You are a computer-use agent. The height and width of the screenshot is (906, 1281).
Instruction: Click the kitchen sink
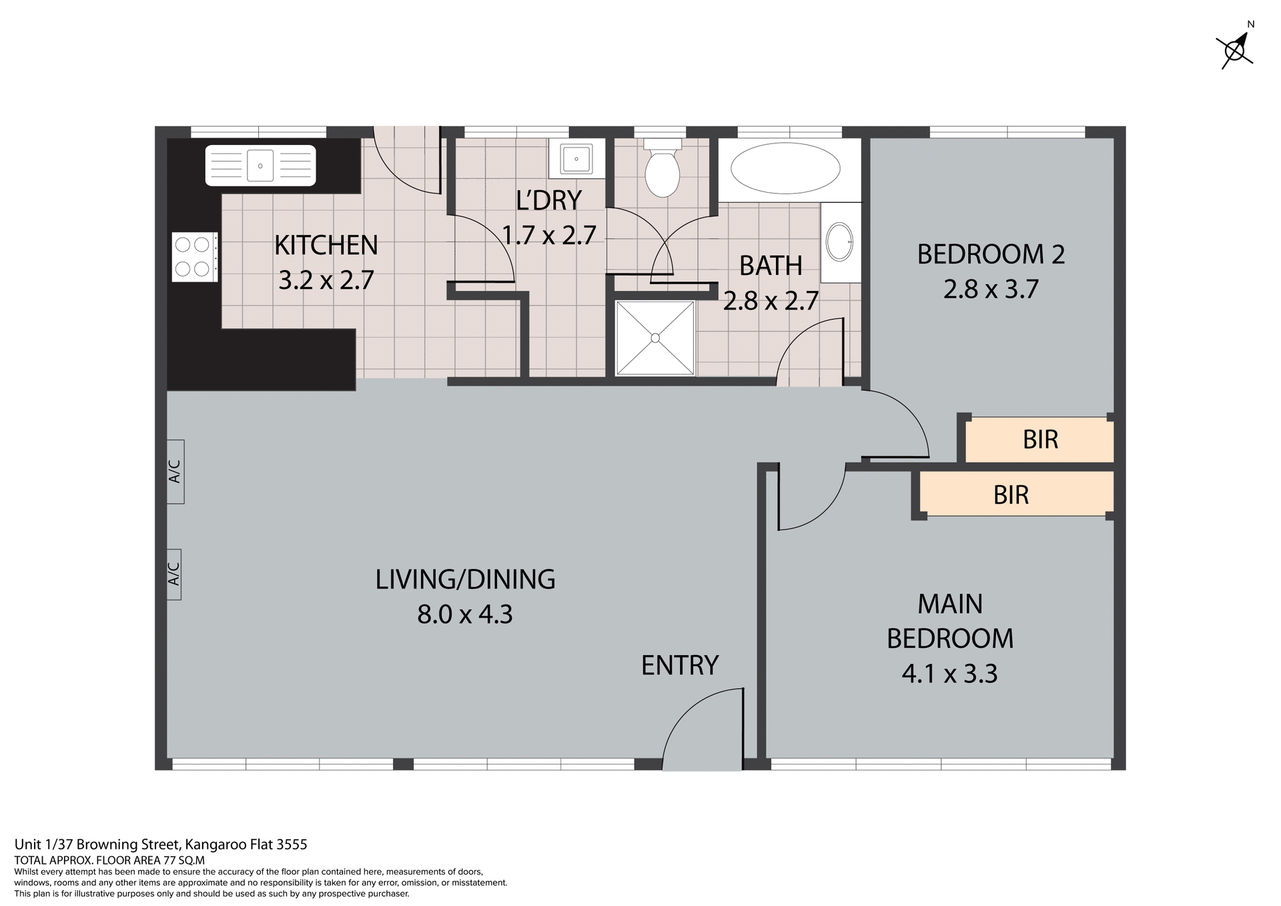click(260, 165)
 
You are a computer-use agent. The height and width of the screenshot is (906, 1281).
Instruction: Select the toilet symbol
click(662, 170)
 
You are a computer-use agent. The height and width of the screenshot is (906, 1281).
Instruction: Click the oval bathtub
click(785, 168)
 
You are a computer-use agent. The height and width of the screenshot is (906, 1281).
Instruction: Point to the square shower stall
click(655, 338)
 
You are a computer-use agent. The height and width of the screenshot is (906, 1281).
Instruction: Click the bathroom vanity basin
click(839, 242)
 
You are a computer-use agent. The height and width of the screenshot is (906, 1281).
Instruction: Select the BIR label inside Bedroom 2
click(1040, 440)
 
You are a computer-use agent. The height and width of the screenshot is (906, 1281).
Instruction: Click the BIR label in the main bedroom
click(1011, 495)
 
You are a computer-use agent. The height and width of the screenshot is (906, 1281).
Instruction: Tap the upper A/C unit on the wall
click(175, 472)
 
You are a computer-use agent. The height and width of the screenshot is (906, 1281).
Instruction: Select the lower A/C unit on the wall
click(173, 574)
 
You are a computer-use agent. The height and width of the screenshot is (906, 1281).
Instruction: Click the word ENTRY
click(679, 665)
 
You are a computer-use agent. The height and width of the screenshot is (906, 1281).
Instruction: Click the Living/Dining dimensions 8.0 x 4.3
click(465, 614)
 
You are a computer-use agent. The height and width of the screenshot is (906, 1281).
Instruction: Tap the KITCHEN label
click(326, 246)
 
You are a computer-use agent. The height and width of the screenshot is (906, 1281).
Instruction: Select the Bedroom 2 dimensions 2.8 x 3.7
click(991, 290)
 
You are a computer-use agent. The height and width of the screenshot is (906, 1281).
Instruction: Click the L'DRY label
click(548, 200)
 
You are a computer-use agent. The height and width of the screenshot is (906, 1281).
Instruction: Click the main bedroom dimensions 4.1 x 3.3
click(949, 674)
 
